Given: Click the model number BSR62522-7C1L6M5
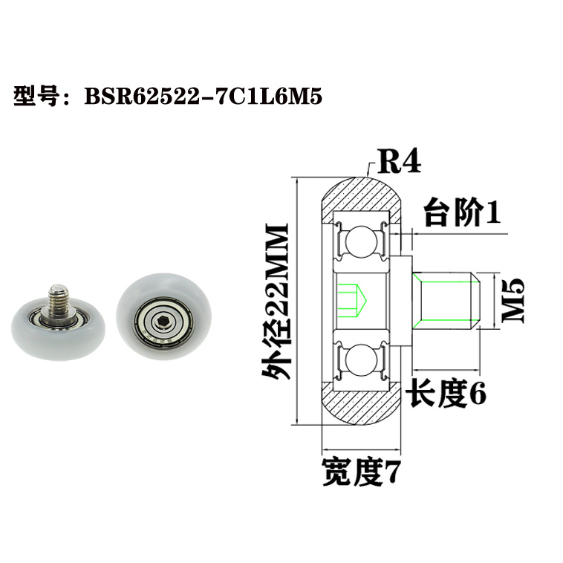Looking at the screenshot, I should [x=205, y=97].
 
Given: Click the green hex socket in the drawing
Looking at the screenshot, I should [x=348, y=299].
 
